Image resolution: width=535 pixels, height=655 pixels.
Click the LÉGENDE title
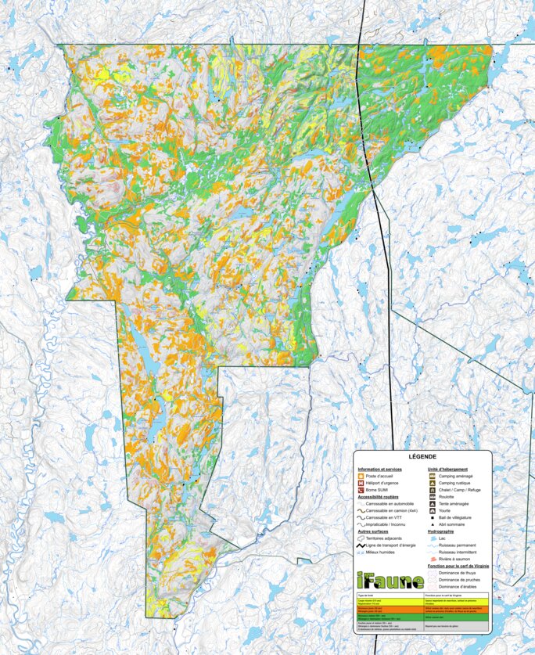click(422, 457)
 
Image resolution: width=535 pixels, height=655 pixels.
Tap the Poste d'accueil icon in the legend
click(361, 476)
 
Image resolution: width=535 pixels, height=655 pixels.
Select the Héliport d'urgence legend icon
click(361, 483)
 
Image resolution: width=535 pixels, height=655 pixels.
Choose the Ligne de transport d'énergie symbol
click(361, 545)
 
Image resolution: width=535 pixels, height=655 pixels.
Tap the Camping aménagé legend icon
click(432, 476)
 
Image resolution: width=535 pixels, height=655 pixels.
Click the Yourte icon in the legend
click(432, 510)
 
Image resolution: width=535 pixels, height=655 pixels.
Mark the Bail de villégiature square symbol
click(432, 517)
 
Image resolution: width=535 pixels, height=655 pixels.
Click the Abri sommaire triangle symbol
click(432, 524)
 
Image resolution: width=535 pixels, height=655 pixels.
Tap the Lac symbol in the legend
click(432, 538)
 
